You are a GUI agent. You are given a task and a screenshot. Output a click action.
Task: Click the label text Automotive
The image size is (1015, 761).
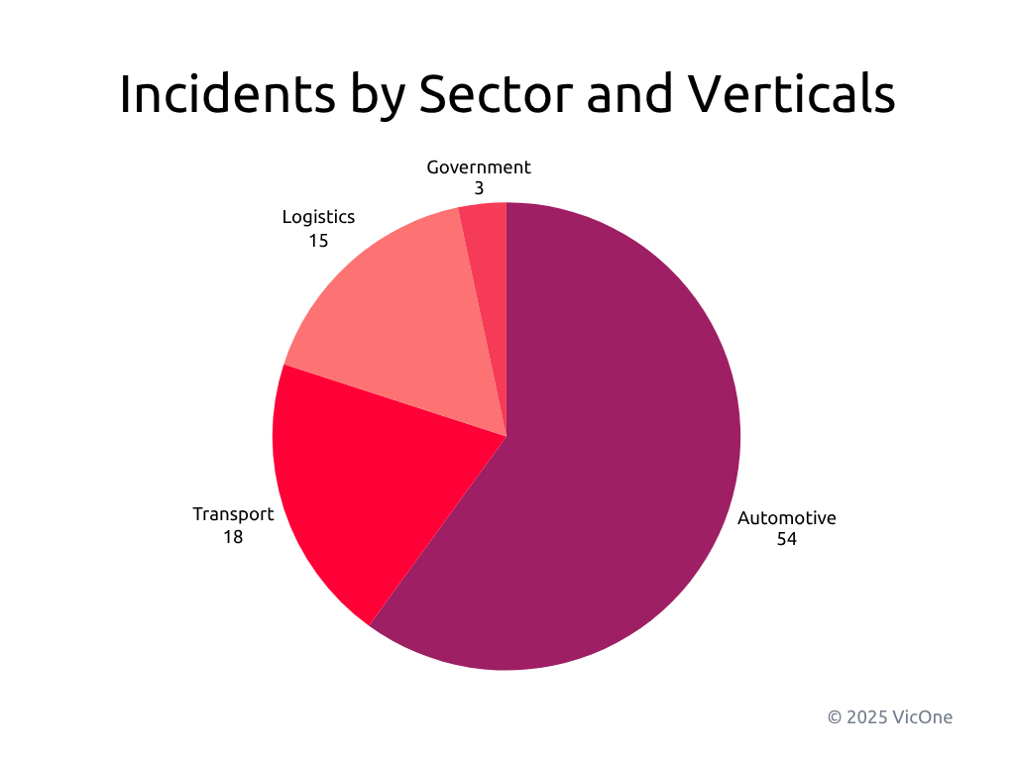pos(787,518)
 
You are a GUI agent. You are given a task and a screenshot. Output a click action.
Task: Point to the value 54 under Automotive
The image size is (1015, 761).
pos(787,540)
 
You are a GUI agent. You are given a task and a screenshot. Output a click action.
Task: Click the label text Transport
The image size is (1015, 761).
pos(233,514)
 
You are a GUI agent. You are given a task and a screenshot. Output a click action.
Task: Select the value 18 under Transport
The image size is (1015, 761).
pos(233,537)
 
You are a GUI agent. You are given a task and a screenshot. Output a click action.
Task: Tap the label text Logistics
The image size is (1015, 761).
pos(318,217)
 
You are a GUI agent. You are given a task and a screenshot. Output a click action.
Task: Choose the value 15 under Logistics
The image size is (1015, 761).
pos(318,240)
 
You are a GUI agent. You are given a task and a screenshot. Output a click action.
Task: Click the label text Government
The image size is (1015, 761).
pos(479,167)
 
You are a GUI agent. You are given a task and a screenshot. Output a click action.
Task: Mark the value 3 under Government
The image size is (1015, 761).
pos(479,188)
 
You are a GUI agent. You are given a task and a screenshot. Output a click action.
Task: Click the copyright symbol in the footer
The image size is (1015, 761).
pos(835,716)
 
